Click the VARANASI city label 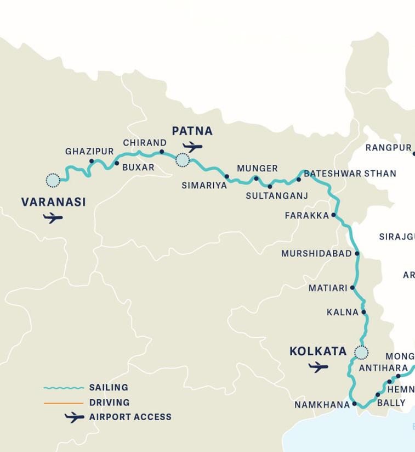[53, 202]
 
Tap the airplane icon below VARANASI [53, 218]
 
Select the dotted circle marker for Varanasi [53, 180]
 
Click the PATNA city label [192, 131]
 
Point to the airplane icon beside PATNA [193, 147]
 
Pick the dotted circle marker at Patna [182, 160]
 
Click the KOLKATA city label [318, 351]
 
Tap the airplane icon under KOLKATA [318, 367]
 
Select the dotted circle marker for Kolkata [361, 352]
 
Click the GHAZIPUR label [89, 152]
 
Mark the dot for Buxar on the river [116, 163]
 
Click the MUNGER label [257, 169]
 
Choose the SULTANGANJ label [277, 196]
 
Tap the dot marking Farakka [333, 216]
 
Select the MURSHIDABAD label [316, 254]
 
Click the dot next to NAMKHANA [355, 404]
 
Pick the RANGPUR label [388, 148]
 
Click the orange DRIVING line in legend [64, 403]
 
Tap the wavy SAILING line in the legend [64, 388]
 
